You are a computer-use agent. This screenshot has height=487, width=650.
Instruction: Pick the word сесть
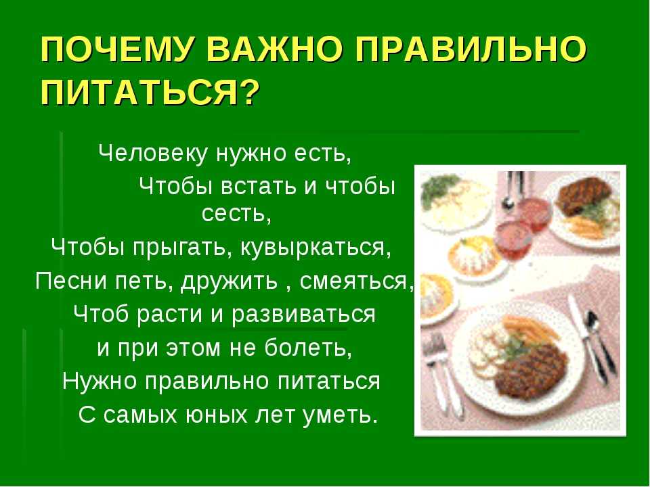tap(236, 214)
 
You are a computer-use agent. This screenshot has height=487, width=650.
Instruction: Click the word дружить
tap(230, 282)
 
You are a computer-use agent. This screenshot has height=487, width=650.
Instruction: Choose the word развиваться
tap(303, 315)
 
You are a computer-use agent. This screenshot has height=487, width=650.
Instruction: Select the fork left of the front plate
tap(443, 373)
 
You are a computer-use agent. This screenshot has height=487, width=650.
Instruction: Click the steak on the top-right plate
tap(584, 195)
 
